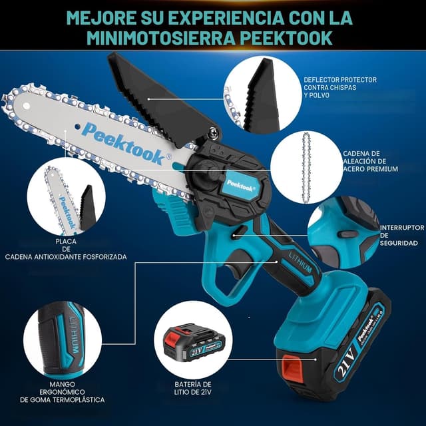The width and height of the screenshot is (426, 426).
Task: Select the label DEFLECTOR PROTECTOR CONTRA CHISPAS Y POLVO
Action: tap(339, 87)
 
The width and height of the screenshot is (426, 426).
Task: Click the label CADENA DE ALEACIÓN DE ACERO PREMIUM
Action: tap(369, 161)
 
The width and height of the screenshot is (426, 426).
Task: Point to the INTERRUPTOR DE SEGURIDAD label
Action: tap(401, 236)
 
